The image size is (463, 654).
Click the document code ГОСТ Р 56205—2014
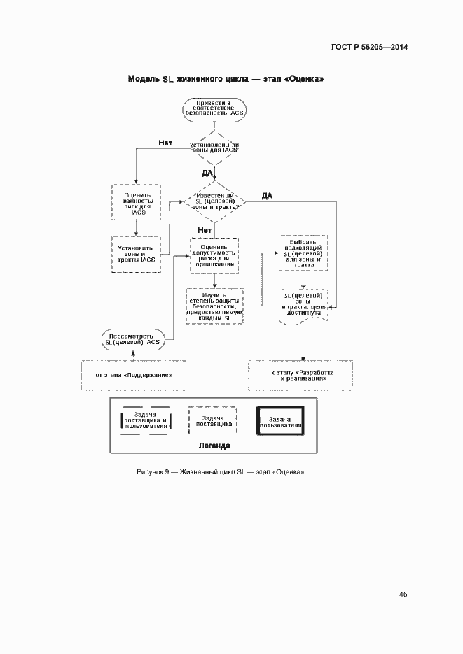369,47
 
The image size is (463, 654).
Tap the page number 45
403,594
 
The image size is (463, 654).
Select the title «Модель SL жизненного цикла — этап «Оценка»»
225,79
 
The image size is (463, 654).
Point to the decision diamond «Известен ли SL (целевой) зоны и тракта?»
214,203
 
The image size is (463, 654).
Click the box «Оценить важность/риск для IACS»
136,203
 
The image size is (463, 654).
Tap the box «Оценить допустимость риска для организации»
214,256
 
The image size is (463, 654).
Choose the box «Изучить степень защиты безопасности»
214,306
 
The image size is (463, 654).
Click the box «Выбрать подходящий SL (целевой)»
303,253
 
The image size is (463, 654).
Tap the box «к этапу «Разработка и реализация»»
302,376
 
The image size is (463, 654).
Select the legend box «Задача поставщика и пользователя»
145,420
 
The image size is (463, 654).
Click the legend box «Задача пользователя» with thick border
281,420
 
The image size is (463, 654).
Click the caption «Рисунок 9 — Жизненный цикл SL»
220,472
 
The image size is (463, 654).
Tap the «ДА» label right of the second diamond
268,195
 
